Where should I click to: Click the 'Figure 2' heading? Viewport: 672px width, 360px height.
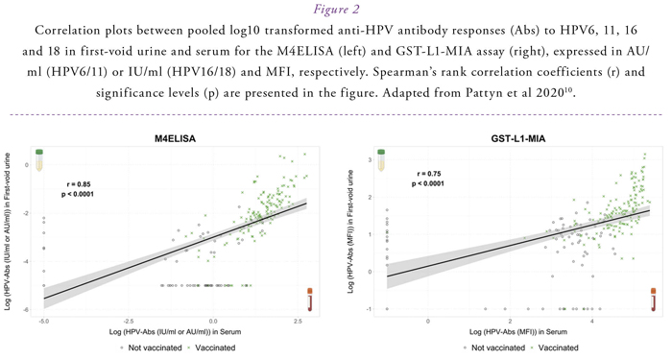pos(336,9)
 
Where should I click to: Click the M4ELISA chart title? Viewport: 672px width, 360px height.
pos(175,139)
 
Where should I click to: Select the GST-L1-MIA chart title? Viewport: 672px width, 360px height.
pos(518,139)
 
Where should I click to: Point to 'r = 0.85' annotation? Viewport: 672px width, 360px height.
pos(79,184)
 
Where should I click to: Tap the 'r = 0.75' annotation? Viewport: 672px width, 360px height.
pos(428,174)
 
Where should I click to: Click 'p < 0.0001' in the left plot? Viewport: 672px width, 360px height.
pos(78,194)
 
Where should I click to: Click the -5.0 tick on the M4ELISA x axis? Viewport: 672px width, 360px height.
pos(44,321)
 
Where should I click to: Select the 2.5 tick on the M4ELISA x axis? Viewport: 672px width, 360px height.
pos(297,321)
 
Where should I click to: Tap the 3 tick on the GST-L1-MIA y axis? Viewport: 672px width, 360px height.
pos(369,160)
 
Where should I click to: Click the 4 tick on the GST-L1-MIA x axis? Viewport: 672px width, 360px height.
pos(592,321)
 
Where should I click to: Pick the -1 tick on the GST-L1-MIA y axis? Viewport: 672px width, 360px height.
pos(368,309)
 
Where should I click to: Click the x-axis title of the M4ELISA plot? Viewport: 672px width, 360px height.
pos(175,332)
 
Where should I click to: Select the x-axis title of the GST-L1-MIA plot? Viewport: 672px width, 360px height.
pos(518,332)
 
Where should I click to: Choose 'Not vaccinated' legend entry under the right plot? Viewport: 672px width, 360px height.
pos(498,348)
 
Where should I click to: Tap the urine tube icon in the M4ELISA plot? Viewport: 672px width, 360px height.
pos(39,160)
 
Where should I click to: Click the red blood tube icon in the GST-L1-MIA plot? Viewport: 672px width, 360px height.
pos(654,300)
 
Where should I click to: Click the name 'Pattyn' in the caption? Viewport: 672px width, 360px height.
pos(488,92)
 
